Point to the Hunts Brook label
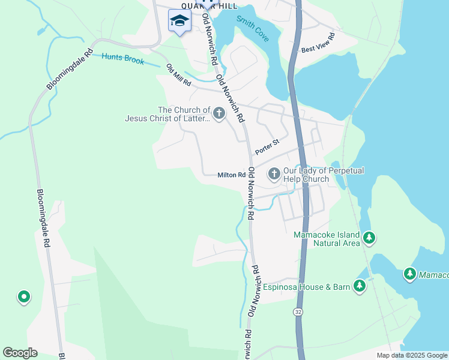(122, 59)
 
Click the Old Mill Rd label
(178, 75)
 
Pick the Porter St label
(267, 146)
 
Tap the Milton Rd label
(231, 175)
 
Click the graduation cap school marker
(179, 22)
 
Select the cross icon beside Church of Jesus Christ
(219, 113)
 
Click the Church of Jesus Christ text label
(167, 114)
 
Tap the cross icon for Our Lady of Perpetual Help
(274, 175)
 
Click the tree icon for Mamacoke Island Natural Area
(369, 238)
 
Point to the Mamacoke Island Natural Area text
(327, 239)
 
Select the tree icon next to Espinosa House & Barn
(360, 286)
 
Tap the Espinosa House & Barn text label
(306, 287)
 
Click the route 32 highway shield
(298, 312)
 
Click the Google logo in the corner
(20, 353)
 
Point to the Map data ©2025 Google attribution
(412, 355)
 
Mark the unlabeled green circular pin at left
(23, 296)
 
